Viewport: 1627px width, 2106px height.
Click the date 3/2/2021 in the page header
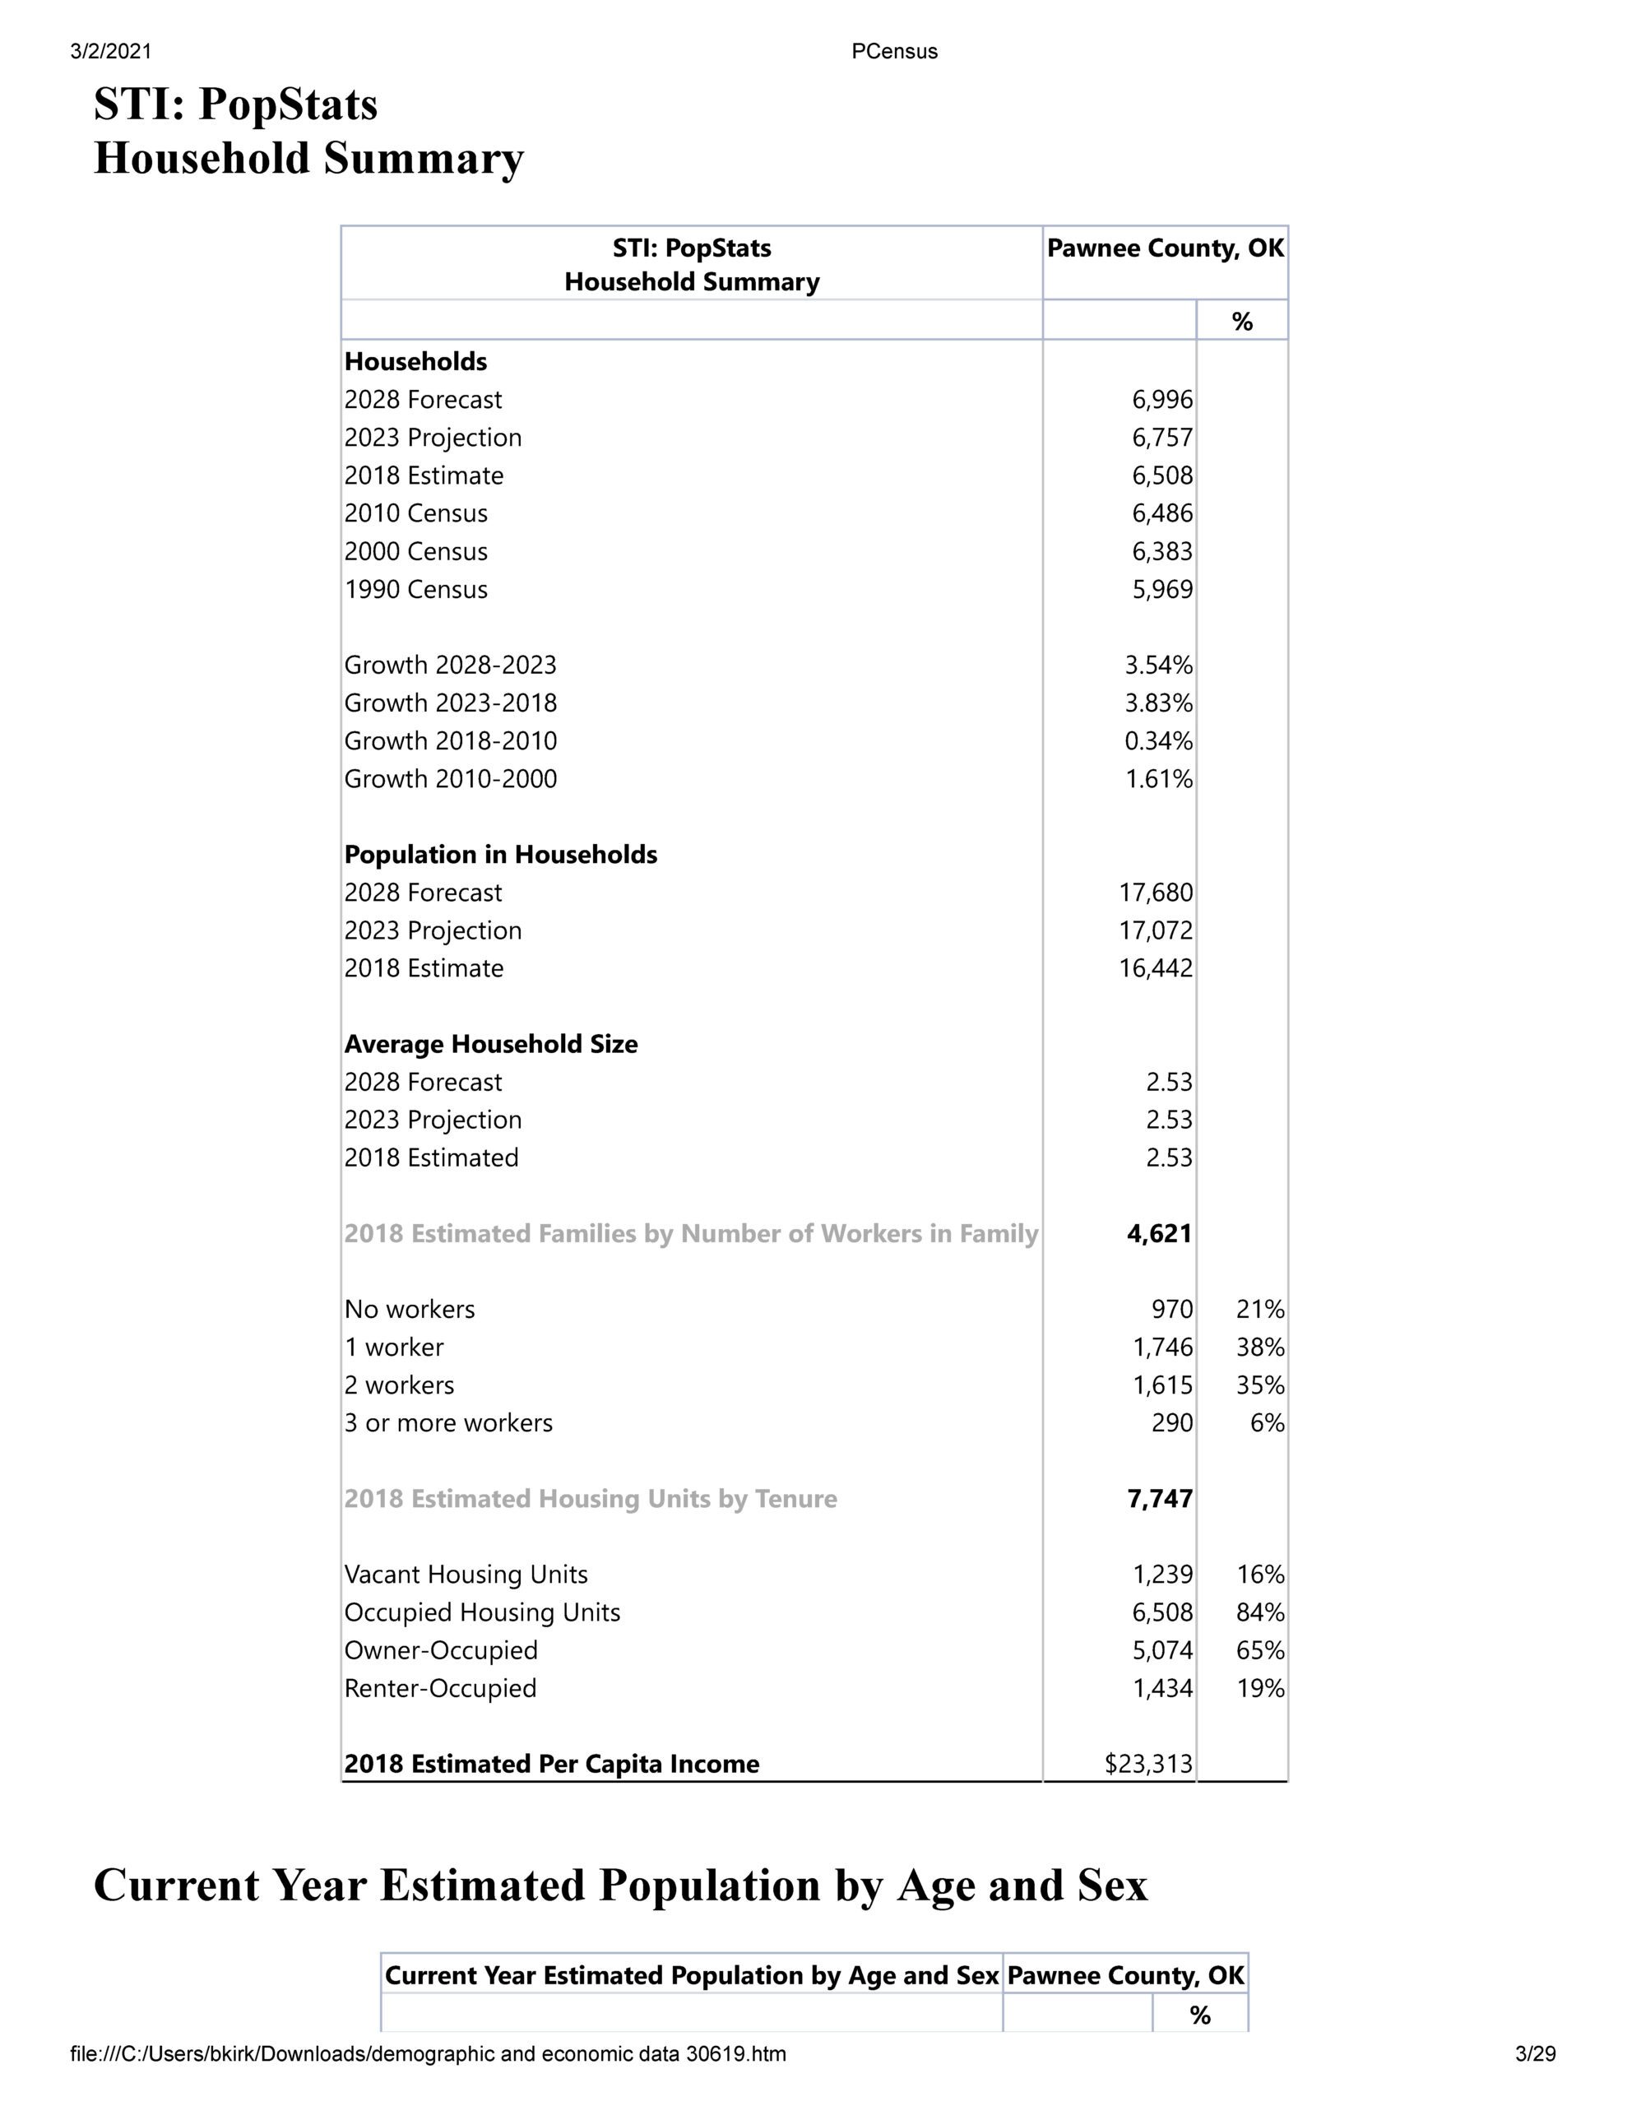click(x=111, y=51)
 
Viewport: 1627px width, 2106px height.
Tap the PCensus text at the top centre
click(x=894, y=51)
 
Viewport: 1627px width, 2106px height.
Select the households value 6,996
click(x=1162, y=399)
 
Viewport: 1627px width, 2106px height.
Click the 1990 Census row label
click(x=415, y=589)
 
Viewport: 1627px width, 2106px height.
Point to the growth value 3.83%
click(x=1158, y=703)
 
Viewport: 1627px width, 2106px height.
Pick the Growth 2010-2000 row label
click(x=451, y=778)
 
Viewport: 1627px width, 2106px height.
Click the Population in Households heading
click(x=501, y=855)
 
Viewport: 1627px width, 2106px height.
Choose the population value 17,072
click(x=1156, y=930)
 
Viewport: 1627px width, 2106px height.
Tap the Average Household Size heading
click(x=491, y=1043)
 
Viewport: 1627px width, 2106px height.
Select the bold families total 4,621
click(x=1159, y=1233)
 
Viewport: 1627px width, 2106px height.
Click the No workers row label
click(x=409, y=1309)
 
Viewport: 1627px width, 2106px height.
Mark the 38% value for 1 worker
click(x=1259, y=1348)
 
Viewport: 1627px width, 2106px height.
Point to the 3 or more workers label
click(x=448, y=1422)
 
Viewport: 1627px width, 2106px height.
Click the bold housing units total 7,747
click(x=1159, y=1499)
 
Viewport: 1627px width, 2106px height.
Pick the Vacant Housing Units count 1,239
click(x=1162, y=1575)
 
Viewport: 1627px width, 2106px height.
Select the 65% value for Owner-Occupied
click(x=1259, y=1650)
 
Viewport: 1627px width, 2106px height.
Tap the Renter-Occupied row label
click(x=440, y=1687)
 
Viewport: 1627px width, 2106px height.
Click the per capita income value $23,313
click(x=1148, y=1764)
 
